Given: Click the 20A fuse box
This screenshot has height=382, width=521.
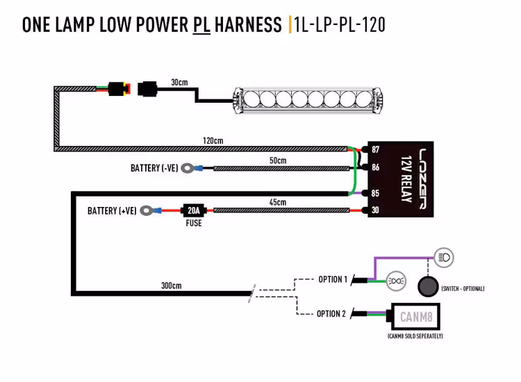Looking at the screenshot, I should click(193, 210).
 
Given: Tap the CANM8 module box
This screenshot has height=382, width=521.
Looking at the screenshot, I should click(417, 317).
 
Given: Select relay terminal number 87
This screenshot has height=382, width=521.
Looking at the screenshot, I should click(375, 149).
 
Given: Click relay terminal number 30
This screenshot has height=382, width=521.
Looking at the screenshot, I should click(375, 210).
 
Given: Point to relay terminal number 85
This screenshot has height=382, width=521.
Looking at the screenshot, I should click(375, 193).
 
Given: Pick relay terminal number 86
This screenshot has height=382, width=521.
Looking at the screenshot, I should click(375, 167).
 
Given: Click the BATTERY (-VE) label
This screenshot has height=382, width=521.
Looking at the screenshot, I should click(154, 168).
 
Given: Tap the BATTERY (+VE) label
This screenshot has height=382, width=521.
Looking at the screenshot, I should click(111, 210).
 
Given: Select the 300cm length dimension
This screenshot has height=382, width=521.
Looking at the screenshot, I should click(171, 285).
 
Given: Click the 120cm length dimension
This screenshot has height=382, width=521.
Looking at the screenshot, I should click(213, 140).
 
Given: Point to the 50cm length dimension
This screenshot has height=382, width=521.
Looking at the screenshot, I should click(277, 160).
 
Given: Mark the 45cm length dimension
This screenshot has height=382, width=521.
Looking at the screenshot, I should click(277, 202).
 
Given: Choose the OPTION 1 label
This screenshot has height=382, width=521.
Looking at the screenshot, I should click(332, 279).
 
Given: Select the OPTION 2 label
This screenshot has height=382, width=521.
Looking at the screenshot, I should click(331, 314).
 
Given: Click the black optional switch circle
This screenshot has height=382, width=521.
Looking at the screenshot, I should click(427, 287).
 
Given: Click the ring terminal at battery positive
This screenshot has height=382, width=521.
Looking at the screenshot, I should click(146, 210).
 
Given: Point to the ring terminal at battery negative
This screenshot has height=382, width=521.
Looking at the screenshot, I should click(187, 168).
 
